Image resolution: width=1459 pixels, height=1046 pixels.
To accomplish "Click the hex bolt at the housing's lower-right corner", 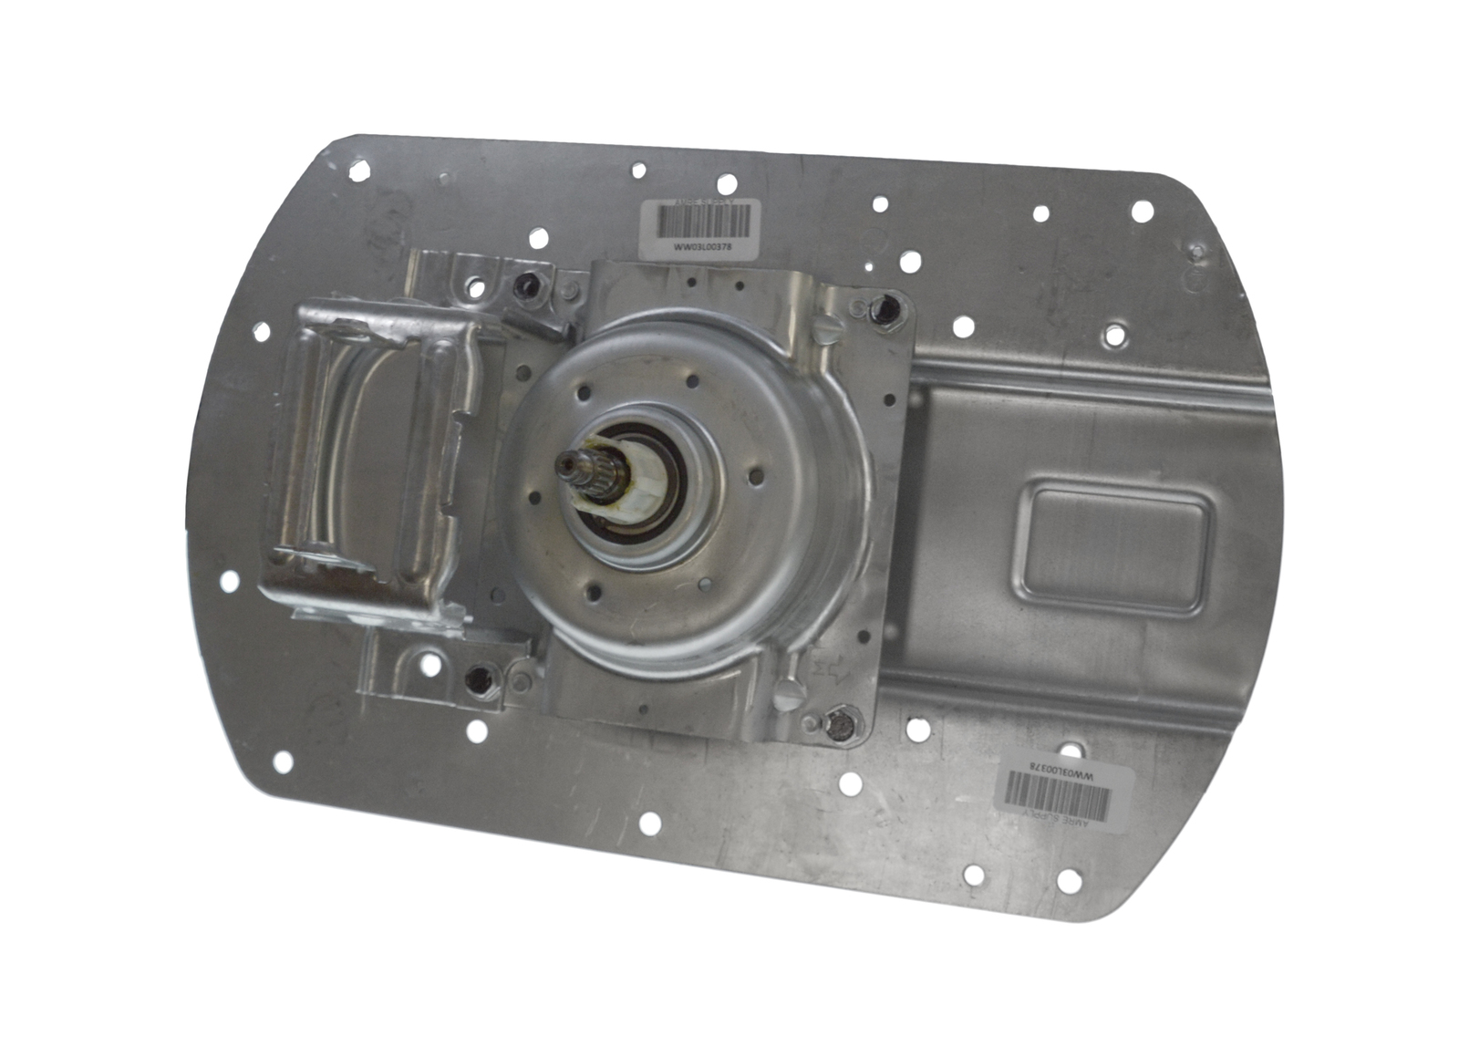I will click(839, 725).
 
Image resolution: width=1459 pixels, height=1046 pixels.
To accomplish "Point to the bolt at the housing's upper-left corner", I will click(525, 287).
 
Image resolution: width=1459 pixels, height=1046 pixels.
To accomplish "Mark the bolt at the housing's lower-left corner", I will click(476, 677).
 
